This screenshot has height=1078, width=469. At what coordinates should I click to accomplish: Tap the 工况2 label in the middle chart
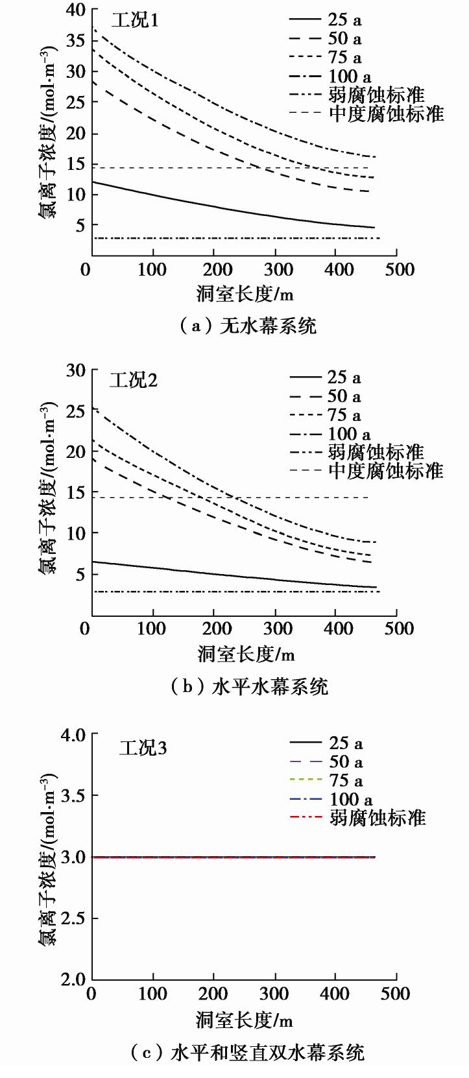coord(134,379)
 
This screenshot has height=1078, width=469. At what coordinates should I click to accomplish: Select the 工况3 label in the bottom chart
coord(143,748)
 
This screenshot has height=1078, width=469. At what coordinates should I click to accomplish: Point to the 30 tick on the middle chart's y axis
coord(75,370)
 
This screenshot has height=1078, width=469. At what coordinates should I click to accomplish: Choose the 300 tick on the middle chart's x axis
coord(275,628)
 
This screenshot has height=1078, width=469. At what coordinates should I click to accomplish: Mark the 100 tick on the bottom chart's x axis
coord(152,994)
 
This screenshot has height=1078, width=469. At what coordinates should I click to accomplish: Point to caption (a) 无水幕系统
coord(248,326)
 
